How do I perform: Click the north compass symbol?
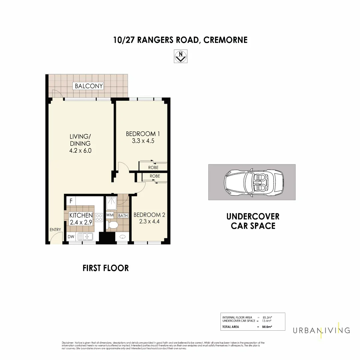[x=181, y=56]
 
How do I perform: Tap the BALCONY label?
[x=89, y=86]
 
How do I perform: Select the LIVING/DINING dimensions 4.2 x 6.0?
[x=80, y=151]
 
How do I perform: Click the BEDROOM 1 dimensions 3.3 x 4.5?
[x=143, y=141]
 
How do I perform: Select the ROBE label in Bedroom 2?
[x=155, y=176]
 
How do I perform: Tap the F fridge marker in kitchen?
[x=71, y=201]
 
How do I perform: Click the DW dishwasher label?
[x=71, y=237]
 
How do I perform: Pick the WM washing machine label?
[x=110, y=216]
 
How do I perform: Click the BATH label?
[x=123, y=216]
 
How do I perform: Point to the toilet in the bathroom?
[x=112, y=225]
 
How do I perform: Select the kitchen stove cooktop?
[x=99, y=218]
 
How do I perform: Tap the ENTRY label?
[x=55, y=230]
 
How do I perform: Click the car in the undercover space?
[x=253, y=182]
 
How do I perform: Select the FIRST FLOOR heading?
[x=105, y=268]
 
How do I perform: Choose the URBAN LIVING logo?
[x=321, y=330]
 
